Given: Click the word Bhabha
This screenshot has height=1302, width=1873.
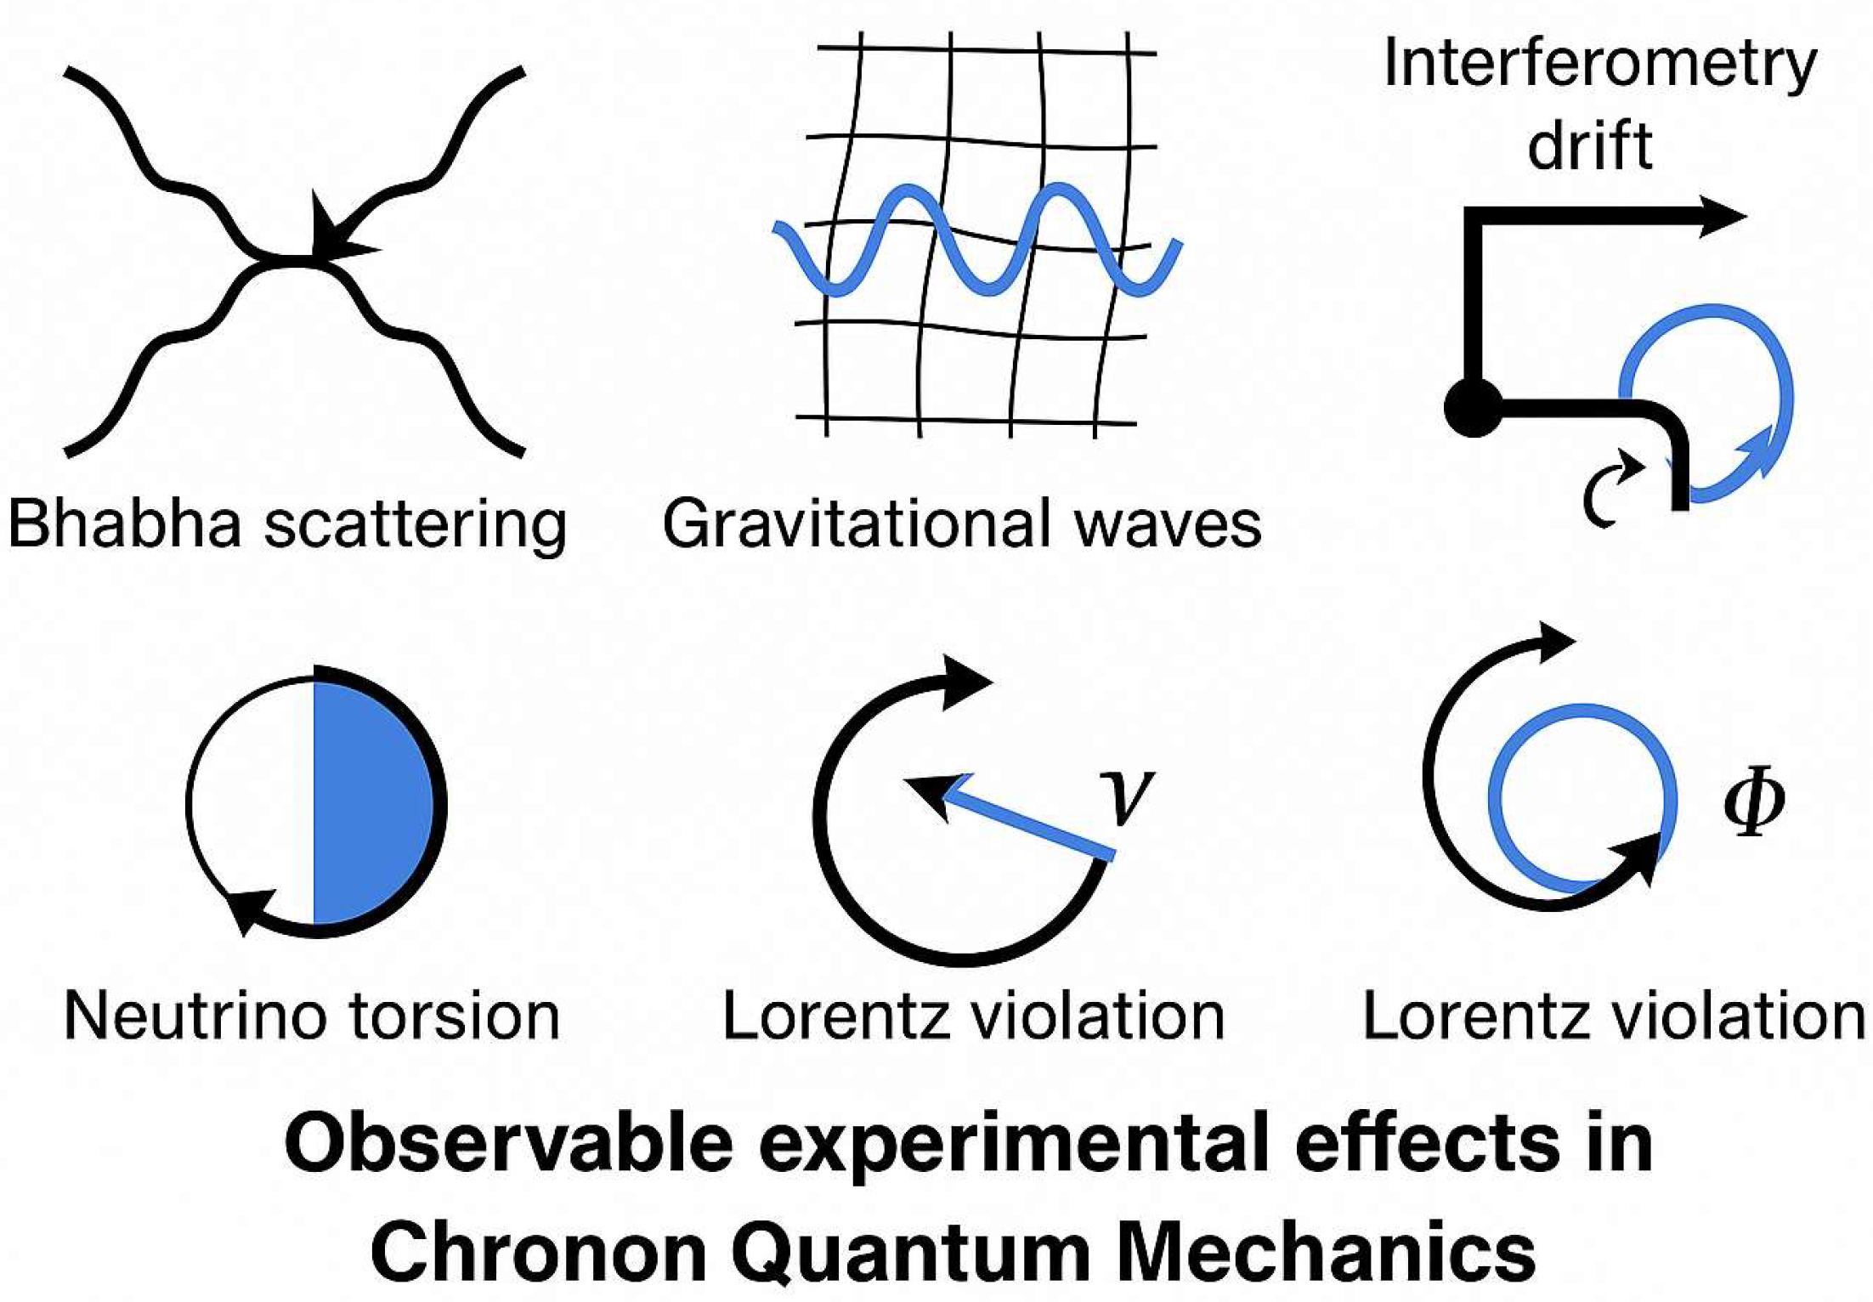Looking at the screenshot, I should tap(125, 524).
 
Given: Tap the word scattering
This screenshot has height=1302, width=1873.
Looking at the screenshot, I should tap(415, 526).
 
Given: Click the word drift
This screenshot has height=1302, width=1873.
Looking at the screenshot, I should tap(1589, 144).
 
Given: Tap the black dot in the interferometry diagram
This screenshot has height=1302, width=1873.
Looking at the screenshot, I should tap(1473, 408).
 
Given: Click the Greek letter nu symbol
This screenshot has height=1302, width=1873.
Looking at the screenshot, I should tap(1127, 795).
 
